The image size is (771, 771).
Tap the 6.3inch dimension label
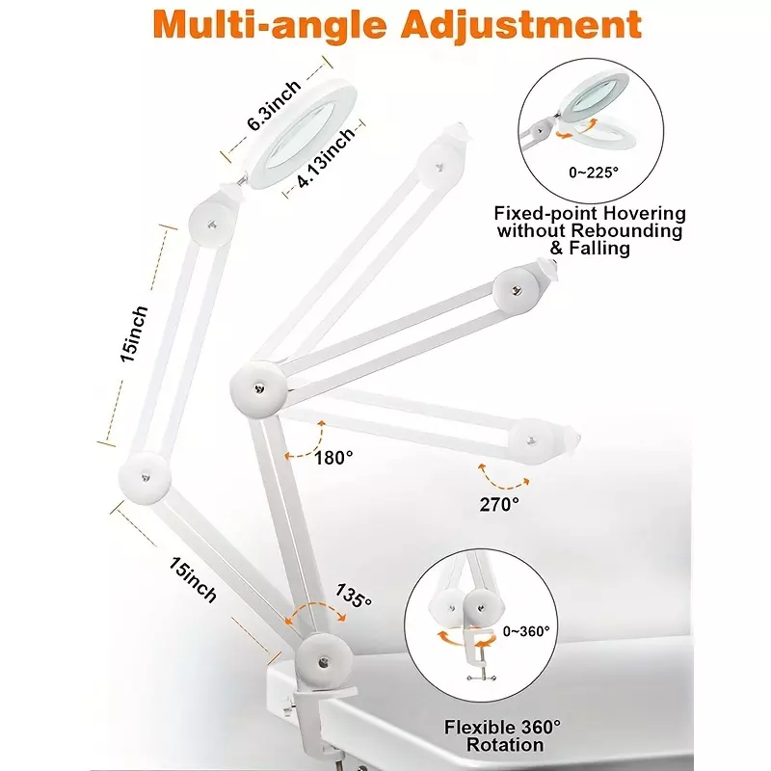click(274, 105)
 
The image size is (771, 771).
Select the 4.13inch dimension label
click(326, 156)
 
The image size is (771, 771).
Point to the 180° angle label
click(333, 459)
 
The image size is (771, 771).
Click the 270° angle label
click(499, 504)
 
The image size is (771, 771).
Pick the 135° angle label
click(353, 596)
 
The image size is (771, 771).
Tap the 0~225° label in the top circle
click(594, 173)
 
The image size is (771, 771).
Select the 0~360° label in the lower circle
click(525, 631)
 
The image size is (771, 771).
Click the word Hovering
click(644, 214)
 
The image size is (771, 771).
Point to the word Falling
click(598, 248)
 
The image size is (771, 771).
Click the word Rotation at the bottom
click(504, 744)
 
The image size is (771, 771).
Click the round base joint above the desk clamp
click(324, 661)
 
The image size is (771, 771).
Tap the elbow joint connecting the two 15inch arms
click(146, 478)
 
